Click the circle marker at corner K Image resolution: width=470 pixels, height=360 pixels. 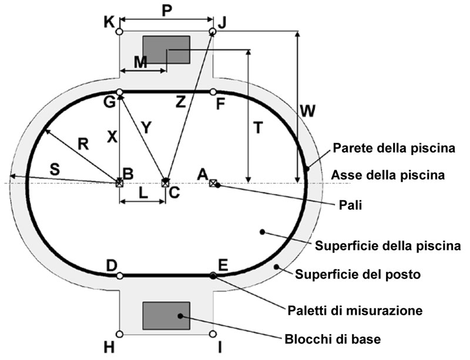(120, 32)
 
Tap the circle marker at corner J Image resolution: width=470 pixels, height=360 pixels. (213, 31)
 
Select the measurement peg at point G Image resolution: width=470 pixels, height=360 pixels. (120, 92)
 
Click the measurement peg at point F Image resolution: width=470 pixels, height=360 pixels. (213, 92)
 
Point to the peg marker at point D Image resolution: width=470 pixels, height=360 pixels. (120, 275)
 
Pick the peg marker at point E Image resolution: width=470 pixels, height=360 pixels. (213, 275)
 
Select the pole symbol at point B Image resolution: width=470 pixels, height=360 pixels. (120, 183)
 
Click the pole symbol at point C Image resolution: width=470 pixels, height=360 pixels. (166, 183)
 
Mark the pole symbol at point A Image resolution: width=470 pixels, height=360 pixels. (213, 183)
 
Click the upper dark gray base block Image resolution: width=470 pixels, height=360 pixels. (166, 50)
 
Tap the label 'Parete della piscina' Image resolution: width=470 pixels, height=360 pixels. (394, 149)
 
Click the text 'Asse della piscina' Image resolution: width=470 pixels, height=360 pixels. (394, 174)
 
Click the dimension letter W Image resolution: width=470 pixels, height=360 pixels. (307, 110)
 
